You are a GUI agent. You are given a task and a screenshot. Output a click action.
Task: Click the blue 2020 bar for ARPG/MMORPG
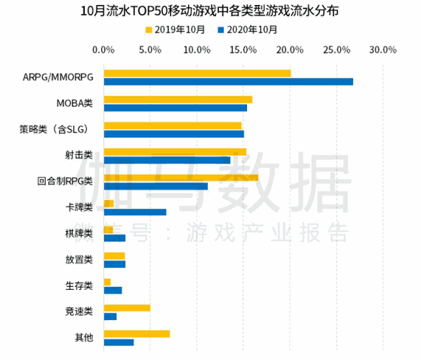point(228,81)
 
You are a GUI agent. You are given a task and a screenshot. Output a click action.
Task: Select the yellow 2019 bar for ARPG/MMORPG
point(197,73)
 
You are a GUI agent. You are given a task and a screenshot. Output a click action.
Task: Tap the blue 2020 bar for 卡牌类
point(135,212)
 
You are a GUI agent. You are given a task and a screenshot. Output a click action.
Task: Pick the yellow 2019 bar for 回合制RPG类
point(181,178)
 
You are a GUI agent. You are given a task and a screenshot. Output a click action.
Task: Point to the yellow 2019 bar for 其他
point(137,333)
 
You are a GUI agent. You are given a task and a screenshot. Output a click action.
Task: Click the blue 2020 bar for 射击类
point(167,160)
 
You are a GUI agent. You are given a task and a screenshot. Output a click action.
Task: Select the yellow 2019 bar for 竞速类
point(127,307)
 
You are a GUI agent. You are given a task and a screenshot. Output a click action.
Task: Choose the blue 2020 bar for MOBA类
point(175,107)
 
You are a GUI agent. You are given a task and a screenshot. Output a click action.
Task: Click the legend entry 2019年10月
point(175,29)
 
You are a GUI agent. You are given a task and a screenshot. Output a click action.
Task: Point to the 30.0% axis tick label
point(383,51)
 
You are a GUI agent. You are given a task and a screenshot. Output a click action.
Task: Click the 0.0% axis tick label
point(103,51)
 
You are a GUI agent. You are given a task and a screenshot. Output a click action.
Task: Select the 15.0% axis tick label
point(243,51)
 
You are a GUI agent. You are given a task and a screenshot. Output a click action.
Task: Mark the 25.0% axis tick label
point(337,51)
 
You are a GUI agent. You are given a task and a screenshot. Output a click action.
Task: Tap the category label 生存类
point(79,286)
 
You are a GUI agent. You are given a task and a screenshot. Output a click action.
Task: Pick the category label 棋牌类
point(79,234)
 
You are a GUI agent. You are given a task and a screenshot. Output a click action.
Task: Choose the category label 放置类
point(79,260)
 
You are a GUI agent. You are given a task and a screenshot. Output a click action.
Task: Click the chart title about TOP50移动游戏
point(210,11)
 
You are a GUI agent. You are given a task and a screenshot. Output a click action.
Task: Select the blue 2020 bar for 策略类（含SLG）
point(174,133)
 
